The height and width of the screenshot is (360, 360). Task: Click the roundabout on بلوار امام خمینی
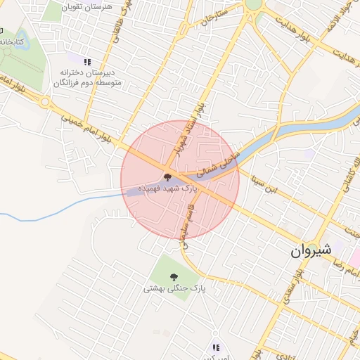[46, 102]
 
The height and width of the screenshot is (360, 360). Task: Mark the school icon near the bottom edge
[216, 347]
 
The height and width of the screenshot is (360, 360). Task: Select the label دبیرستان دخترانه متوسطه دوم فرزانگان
[89, 77]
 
